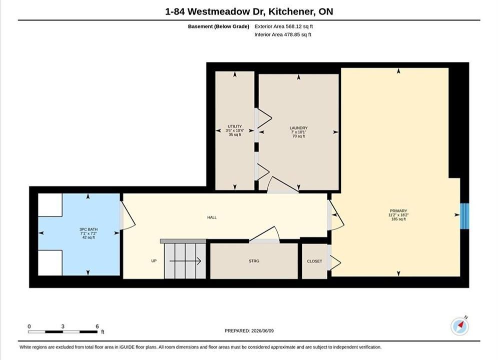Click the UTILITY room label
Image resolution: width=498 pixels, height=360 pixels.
point(235,126)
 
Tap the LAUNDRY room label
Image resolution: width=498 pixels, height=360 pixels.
point(298,128)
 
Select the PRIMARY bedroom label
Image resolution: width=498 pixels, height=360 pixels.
point(398,211)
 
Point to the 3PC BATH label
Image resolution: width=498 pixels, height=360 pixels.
point(89,229)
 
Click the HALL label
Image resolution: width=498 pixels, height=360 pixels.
point(212,217)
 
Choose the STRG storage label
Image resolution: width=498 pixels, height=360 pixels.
point(254,261)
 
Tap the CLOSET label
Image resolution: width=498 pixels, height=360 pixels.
point(314,261)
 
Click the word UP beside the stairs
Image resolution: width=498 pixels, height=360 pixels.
point(154,260)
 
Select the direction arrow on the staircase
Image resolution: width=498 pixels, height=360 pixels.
point(185,261)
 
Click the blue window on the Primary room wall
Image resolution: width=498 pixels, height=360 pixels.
point(464,216)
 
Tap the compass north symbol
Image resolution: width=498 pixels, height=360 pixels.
point(460,325)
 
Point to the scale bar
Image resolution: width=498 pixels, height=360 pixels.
point(63,332)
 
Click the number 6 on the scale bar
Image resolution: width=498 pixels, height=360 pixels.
point(97,326)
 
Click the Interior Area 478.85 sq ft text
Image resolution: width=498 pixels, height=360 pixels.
point(283,34)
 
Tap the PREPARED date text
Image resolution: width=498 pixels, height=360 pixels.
point(249,330)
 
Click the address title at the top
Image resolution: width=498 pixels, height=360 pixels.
point(249,11)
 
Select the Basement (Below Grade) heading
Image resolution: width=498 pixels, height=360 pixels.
point(219,26)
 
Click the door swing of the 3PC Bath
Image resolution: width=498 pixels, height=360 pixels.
point(128,215)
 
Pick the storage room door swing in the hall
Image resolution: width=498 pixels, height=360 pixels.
point(264,234)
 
